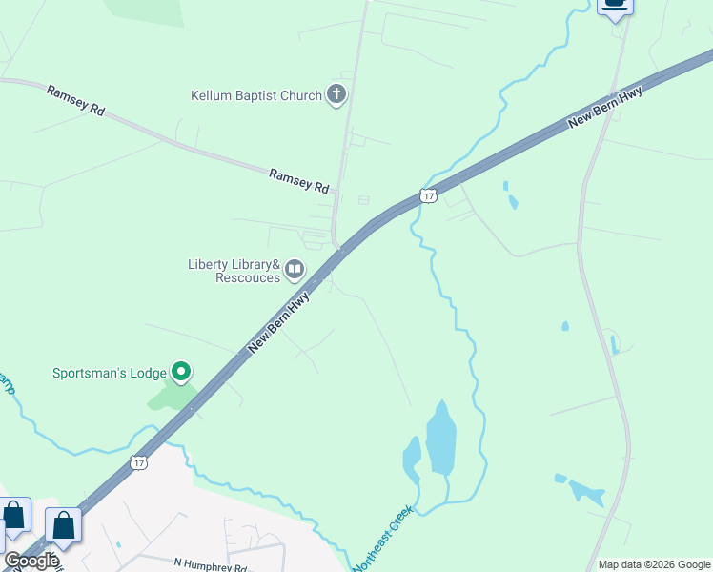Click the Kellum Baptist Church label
coord(256,95)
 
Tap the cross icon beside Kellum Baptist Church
coord(336,94)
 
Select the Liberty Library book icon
coord(295,271)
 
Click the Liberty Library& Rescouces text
coord(234,271)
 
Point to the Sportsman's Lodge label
coord(109,373)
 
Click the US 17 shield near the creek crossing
coord(428,195)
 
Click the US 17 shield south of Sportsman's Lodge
coord(140,462)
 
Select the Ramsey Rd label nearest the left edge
coord(74,99)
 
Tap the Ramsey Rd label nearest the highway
coord(298,179)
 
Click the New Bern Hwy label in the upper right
coord(604,107)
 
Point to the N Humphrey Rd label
coord(211,565)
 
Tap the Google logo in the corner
coord(31,561)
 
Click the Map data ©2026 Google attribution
coord(654,564)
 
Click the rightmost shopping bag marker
coord(63,524)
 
